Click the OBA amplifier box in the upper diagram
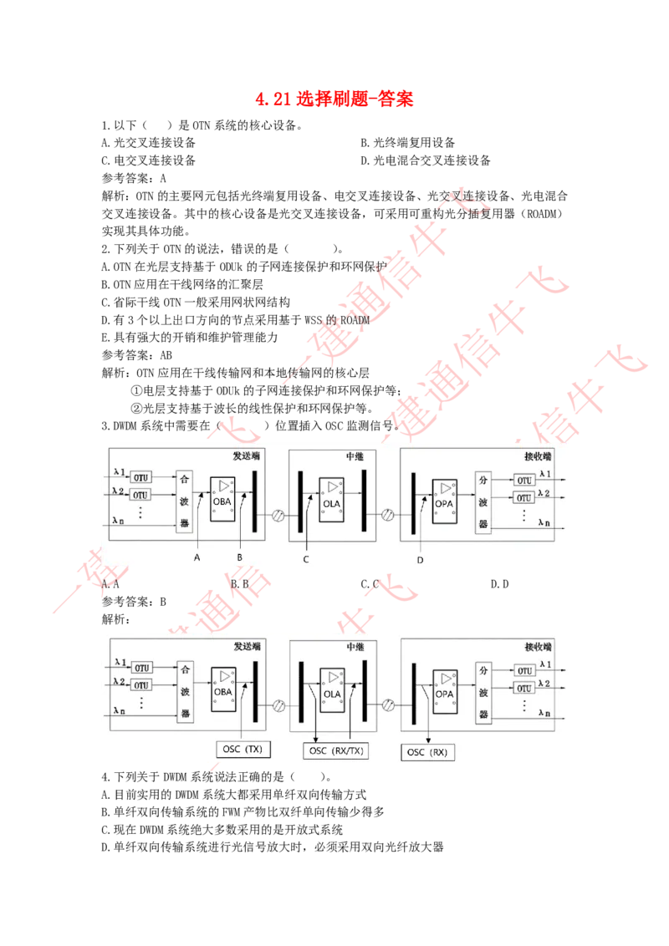tap(222, 500)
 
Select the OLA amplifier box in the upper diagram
tap(333, 500)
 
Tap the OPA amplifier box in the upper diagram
tap(443, 500)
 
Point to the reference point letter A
tap(197, 557)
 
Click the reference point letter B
tap(239, 557)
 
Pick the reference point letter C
tap(306, 559)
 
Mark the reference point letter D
tap(420, 560)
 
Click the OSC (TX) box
tap(243, 749)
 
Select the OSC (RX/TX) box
tap(336, 750)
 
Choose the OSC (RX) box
tap(427, 752)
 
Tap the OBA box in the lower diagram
tap(222, 689)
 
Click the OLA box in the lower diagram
tap(333, 689)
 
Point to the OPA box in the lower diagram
tap(443, 689)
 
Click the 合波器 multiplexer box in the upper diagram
tap(184, 501)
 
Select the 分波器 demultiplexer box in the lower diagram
tap(482, 691)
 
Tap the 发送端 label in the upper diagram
tap(248, 457)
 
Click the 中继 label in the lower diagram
tap(355, 646)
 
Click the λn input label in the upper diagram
tap(119, 521)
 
